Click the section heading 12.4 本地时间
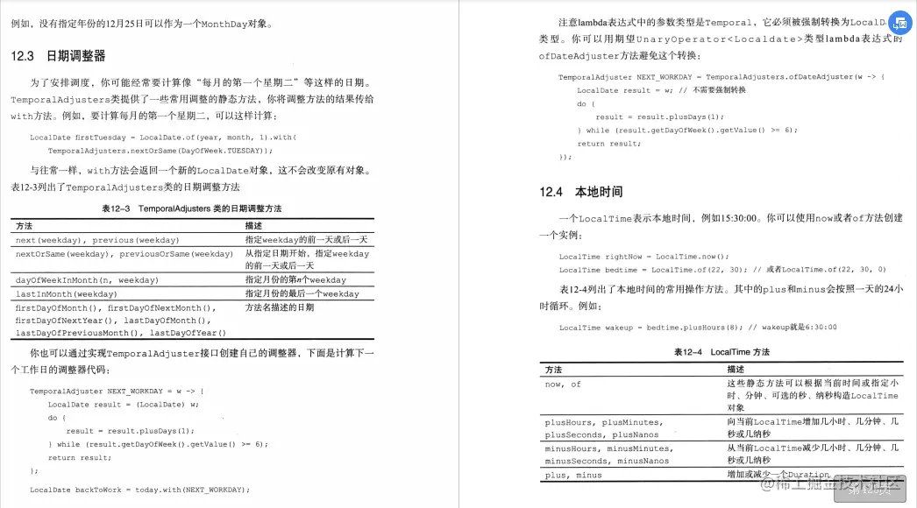[581, 192]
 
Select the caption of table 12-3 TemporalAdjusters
[191, 208]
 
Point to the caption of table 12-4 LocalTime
[722, 351]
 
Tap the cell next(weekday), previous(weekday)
[97, 240]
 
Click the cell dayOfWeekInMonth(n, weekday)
[87, 280]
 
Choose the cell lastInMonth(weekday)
[66, 294]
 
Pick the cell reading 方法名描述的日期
[280, 307]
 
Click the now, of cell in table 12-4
[563, 384]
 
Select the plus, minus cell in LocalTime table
[573, 475]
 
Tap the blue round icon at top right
[900, 24]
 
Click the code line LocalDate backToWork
[139, 490]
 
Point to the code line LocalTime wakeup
[697, 327]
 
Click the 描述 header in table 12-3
[253, 226]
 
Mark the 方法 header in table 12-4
[553, 370]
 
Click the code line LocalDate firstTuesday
[162, 138]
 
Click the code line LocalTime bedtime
[722, 270]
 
